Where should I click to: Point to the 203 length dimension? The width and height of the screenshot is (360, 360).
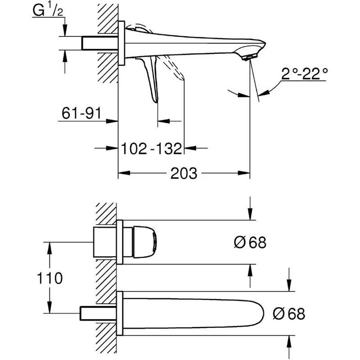(184, 173)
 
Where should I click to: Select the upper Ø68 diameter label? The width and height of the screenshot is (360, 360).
(250, 243)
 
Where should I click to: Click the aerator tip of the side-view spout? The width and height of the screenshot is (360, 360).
(247, 57)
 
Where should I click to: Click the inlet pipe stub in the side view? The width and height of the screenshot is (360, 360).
(99, 44)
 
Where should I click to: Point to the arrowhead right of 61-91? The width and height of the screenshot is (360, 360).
(113, 121)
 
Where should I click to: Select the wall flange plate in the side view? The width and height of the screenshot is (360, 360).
(121, 44)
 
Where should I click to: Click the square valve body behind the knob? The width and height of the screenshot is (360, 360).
(105, 242)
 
